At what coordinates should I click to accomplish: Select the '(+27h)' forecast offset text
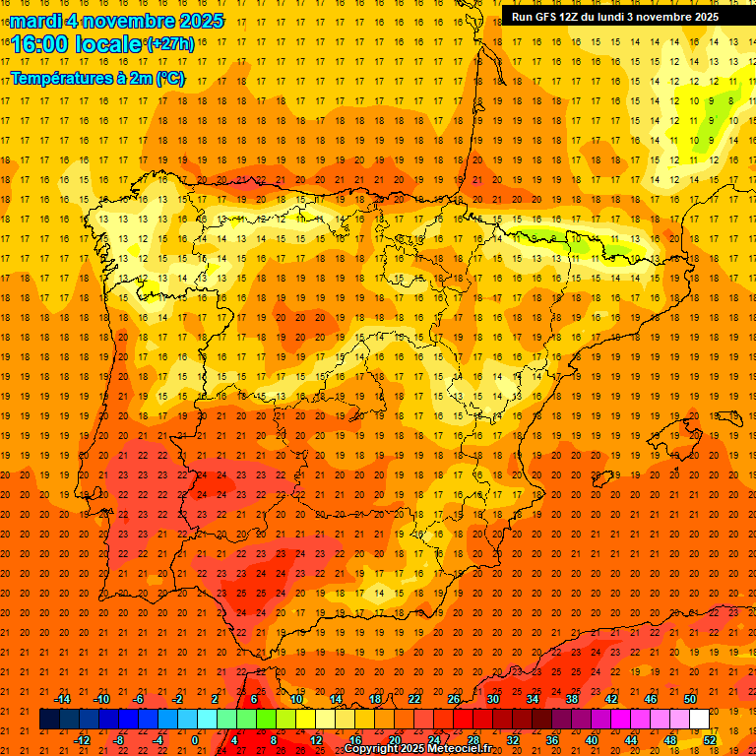170,43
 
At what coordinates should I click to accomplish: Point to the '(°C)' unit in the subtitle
169,77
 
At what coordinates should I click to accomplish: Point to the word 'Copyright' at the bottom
373,749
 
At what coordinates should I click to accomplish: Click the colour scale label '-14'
62,699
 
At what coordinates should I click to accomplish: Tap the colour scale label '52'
710,740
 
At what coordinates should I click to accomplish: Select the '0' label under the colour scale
195,740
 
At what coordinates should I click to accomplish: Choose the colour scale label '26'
454,699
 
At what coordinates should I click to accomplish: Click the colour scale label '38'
572,699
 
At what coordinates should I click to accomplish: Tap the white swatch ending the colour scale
699,720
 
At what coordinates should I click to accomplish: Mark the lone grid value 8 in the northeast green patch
730,99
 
